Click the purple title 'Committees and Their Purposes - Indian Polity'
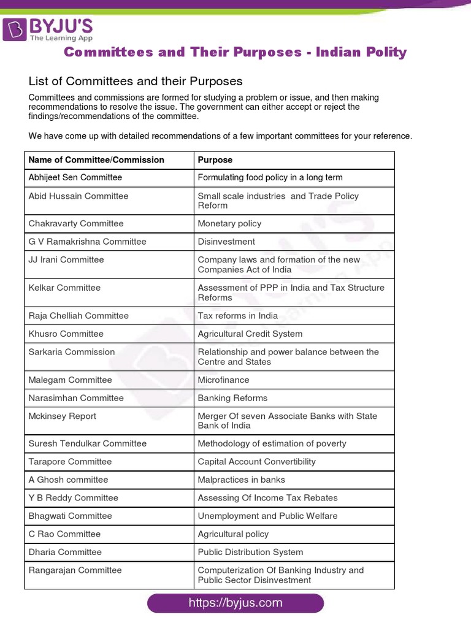point(235,52)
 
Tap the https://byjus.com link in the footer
point(235,603)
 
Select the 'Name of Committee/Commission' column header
point(96,159)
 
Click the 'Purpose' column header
point(215,159)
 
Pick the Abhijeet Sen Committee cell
point(75,177)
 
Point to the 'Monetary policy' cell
point(229,224)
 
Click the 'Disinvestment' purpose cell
point(226,242)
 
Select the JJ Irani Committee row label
point(66,259)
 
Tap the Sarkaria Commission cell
point(72,352)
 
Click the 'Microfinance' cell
point(223,380)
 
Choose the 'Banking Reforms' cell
point(232,398)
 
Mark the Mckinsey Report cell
point(63,416)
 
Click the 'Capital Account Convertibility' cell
point(256,462)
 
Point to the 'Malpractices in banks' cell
point(241,480)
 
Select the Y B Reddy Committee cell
point(74,498)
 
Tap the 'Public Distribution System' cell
point(250,552)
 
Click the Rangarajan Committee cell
point(75,570)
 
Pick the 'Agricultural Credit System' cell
point(250,334)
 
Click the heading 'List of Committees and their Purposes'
point(136,81)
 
